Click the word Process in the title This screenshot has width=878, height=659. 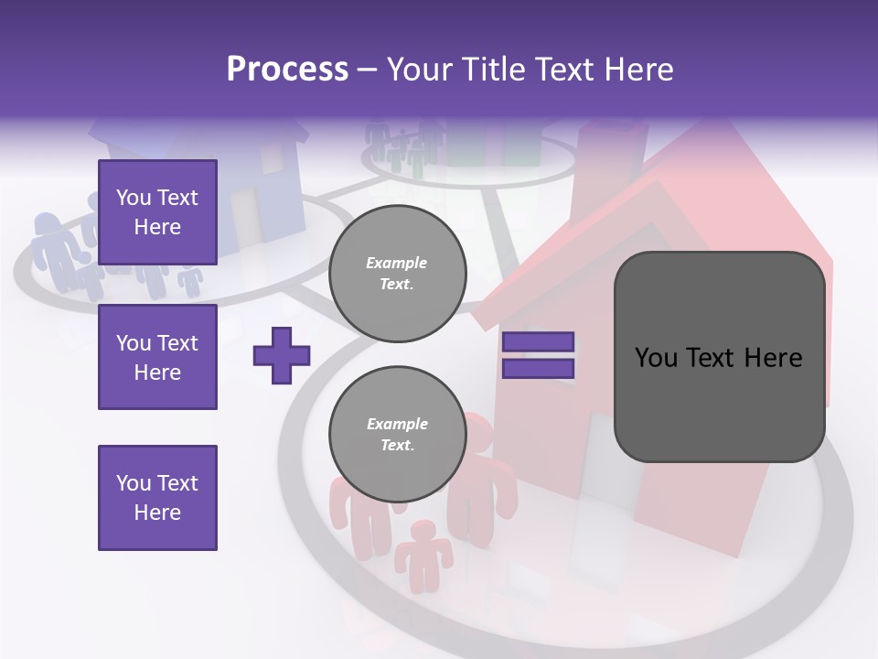pyautogui.click(x=287, y=70)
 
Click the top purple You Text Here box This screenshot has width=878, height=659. pyautogui.click(x=157, y=212)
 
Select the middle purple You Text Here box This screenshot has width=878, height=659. pyautogui.click(x=157, y=357)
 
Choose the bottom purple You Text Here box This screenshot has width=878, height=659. pyautogui.click(x=157, y=498)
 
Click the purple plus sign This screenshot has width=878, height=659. pyautogui.click(x=282, y=355)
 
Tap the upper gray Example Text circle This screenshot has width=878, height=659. pyautogui.click(x=398, y=274)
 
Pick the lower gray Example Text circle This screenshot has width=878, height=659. pyautogui.click(x=398, y=435)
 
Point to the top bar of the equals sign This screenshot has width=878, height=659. pyautogui.click(x=538, y=342)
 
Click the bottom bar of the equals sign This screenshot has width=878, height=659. pyautogui.click(x=538, y=369)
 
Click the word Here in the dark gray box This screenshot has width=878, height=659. pyautogui.click(x=773, y=358)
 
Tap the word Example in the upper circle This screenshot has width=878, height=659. pyautogui.click(x=396, y=263)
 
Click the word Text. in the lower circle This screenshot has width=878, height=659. pyautogui.click(x=398, y=446)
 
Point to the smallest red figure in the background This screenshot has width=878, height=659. pyautogui.click(x=423, y=553)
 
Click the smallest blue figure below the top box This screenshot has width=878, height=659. pyautogui.click(x=190, y=280)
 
